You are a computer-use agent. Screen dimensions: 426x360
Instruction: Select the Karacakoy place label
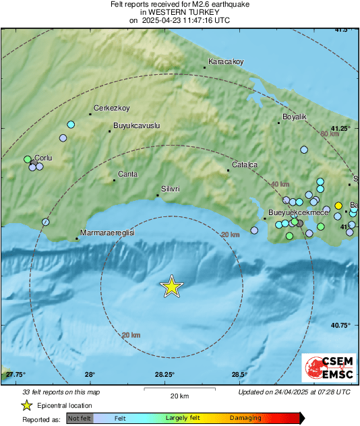tap(225, 61)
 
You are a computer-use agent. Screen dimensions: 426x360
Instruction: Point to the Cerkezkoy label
tap(111, 108)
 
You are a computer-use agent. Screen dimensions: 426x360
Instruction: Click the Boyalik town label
tap(294, 117)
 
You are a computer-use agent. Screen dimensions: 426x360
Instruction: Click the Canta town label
tap(127, 174)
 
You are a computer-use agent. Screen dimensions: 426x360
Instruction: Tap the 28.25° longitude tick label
tap(164, 375)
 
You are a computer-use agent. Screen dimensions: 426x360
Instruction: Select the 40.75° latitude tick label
tap(340, 326)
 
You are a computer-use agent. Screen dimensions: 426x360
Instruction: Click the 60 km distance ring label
tap(329, 134)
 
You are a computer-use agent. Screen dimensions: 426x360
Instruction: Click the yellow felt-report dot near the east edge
tap(339, 205)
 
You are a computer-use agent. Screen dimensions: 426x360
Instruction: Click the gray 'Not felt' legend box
tap(80, 418)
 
